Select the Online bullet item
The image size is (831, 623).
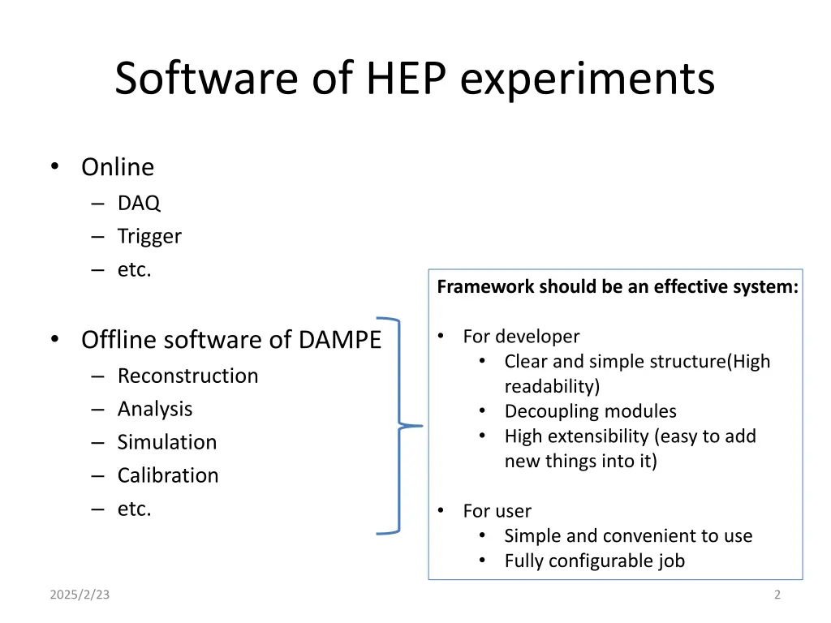point(117,167)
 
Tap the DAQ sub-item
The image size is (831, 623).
point(139,203)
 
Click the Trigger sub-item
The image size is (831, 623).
point(149,236)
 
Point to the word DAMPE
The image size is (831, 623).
point(339,339)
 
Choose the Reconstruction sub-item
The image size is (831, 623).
point(187,376)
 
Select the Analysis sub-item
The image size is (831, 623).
point(155,409)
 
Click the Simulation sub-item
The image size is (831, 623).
point(167,442)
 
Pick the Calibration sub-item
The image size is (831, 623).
point(168,475)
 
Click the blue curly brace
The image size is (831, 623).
point(400,425)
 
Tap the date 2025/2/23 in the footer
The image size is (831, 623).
point(80,595)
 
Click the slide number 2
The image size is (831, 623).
point(777,595)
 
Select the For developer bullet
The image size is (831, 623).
point(521,336)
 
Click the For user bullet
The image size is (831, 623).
point(497,511)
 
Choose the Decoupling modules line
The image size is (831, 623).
point(590,411)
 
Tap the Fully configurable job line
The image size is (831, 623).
point(594,561)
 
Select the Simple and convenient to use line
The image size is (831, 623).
point(628,535)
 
